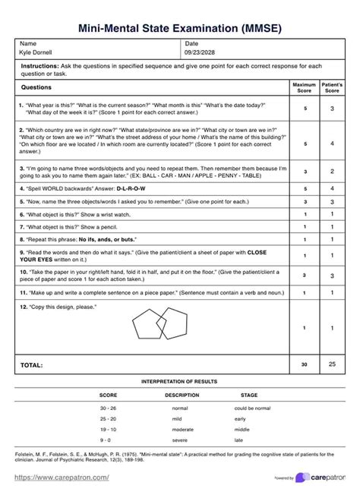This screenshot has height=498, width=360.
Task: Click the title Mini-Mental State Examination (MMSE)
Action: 180,28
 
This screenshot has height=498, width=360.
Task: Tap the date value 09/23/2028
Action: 199,53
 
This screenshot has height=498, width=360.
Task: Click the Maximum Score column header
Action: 304,87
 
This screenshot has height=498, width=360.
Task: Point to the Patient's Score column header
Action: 332,87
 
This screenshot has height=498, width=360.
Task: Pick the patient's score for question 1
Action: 332,109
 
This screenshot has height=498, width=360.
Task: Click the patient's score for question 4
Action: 332,188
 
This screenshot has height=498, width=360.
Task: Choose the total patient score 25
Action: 332,365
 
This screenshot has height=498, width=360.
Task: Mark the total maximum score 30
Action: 304,365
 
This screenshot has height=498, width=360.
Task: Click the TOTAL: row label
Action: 31,365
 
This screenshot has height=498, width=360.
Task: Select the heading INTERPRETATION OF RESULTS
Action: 179,381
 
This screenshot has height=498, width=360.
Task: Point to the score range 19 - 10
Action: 108,429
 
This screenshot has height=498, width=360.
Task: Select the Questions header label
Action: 37,87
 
